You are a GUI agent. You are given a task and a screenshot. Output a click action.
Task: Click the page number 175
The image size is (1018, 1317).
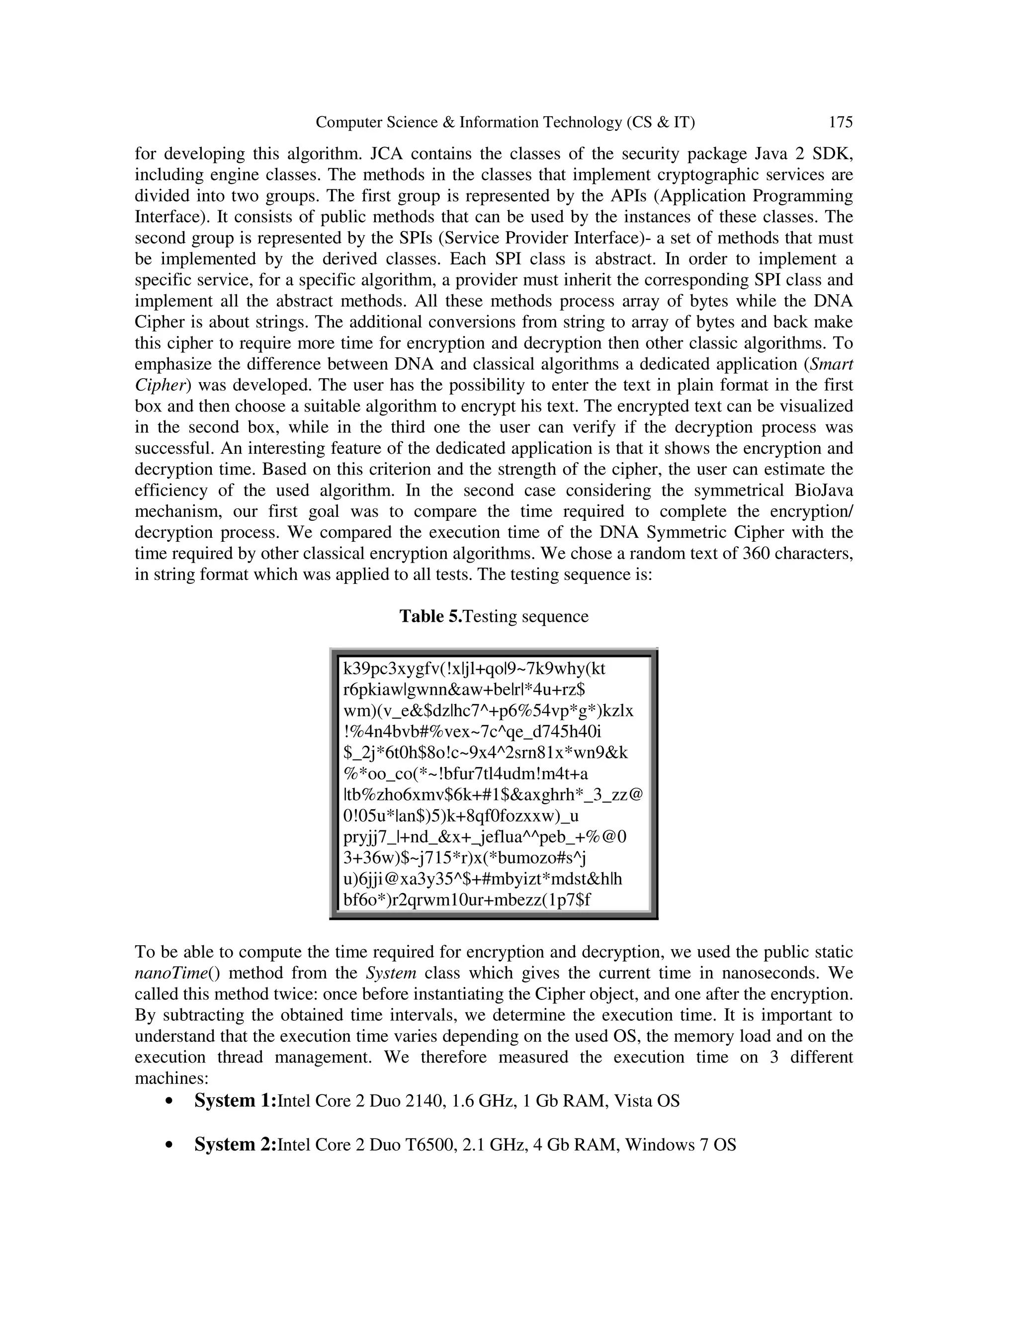(841, 122)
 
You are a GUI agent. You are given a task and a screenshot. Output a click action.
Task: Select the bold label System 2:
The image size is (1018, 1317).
(235, 1145)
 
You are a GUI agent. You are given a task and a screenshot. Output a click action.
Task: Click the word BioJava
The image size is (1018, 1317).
(822, 490)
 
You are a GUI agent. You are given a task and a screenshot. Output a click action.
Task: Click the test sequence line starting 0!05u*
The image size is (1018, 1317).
(460, 816)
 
